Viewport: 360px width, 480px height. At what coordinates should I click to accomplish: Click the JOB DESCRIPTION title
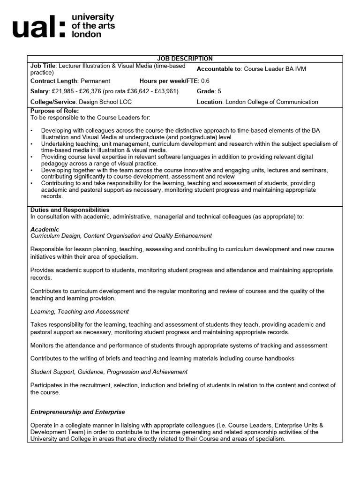pyautogui.click(x=185, y=59)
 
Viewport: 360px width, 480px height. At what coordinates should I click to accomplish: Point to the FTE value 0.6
pyautogui.click(x=205, y=81)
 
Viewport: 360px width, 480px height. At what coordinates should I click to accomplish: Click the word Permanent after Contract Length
pyautogui.click(x=96, y=81)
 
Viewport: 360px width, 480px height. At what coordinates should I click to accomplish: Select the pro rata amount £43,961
pyautogui.click(x=167, y=91)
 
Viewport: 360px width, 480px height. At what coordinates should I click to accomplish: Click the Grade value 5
pyautogui.click(x=218, y=91)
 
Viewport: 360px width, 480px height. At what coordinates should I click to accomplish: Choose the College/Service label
pyautogui.click(x=53, y=102)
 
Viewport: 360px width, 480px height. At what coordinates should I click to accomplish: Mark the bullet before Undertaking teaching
pyautogui.click(x=32, y=144)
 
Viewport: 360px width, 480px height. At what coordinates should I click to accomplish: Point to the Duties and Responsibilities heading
pyautogui.click(x=70, y=210)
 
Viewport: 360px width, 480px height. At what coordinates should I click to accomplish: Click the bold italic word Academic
pyautogui.click(x=45, y=229)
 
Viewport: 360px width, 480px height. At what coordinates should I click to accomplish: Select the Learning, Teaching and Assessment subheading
pyautogui.click(x=80, y=311)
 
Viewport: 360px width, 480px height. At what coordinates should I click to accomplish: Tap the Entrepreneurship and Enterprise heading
pyautogui.click(x=78, y=412)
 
